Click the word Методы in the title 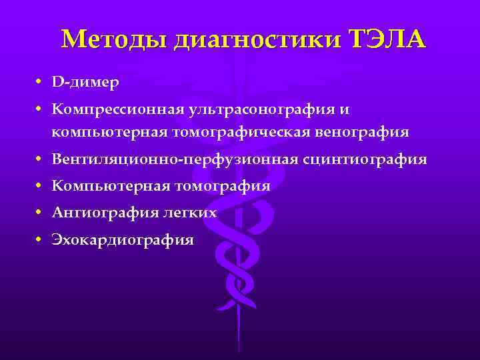114,40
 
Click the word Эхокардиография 123,239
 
